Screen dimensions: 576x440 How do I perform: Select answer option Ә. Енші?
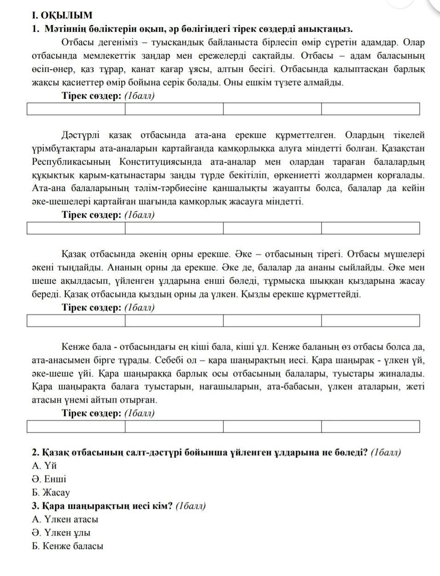[x=49, y=479]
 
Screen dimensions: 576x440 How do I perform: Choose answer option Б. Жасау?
[x=51, y=493]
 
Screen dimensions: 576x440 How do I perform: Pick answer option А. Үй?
[x=44, y=466]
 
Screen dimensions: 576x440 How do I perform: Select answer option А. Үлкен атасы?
[x=65, y=519]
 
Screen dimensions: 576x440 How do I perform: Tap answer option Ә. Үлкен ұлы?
[x=61, y=533]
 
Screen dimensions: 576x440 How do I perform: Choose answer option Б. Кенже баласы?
[x=67, y=546]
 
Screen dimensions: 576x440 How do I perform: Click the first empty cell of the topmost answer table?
[x=76, y=109]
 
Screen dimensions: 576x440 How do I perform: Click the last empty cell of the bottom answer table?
[x=370, y=427]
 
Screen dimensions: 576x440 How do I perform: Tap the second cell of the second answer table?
[x=174, y=228]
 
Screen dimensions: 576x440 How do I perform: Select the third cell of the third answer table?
[x=272, y=321]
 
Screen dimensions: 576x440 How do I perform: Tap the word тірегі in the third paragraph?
[x=328, y=254]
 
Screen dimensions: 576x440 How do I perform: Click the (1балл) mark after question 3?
[x=191, y=506]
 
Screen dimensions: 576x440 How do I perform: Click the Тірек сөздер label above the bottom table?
[x=92, y=413]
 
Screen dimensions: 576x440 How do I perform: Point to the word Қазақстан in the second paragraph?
[x=401, y=148]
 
